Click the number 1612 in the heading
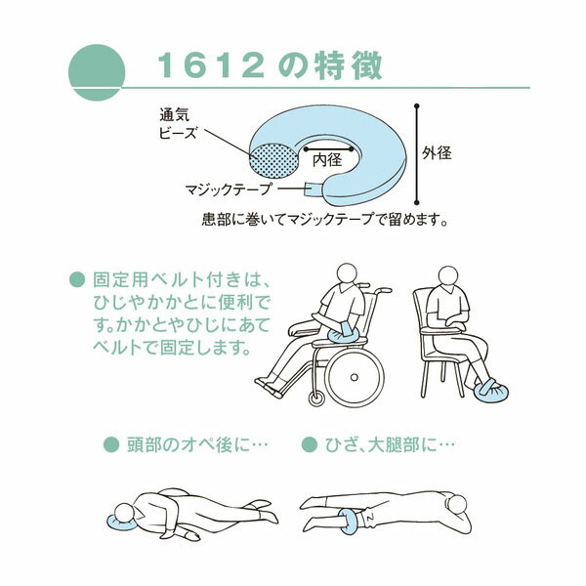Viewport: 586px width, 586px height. [x=212, y=65]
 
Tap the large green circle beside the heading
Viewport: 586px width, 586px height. [x=97, y=72]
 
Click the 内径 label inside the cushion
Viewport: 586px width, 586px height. [x=327, y=160]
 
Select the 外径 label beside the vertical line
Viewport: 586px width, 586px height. [x=437, y=153]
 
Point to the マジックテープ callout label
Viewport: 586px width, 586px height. [x=228, y=189]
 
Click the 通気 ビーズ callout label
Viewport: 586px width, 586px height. [x=178, y=123]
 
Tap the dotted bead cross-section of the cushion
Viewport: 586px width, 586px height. [x=273, y=161]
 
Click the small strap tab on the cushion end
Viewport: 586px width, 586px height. [x=314, y=188]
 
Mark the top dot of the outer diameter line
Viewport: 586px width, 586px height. [x=417, y=106]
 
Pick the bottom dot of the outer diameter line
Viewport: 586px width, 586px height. [x=417, y=202]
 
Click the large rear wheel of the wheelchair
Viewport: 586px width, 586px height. [x=356, y=377]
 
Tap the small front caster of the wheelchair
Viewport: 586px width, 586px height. [x=316, y=398]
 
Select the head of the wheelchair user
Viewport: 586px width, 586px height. [x=347, y=274]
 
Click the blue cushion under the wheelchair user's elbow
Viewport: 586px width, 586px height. [x=342, y=334]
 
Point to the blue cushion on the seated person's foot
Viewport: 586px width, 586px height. [x=490, y=391]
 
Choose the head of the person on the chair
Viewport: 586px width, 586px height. [x=447, y=276]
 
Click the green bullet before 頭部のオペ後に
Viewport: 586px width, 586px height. [x=111, y=444]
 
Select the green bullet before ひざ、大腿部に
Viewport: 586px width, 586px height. [x=309, y=444]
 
